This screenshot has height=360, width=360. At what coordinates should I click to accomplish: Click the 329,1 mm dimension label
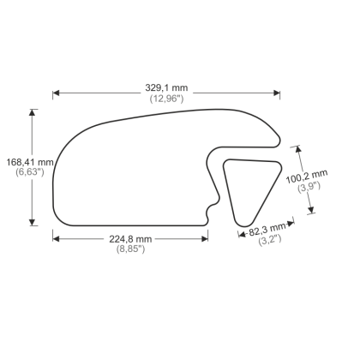coord(166,87)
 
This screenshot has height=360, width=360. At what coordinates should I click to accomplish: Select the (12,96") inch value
coord(166,99)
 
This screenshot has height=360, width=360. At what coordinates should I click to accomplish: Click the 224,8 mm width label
coord(129,238)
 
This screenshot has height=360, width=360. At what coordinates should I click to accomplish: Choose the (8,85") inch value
coord(129,249)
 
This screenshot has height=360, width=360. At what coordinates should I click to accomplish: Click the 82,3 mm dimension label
coord(267,229)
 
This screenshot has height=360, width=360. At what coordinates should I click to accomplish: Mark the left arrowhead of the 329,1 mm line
coord(56,93)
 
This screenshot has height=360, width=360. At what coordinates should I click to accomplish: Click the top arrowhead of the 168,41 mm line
coord(34,111)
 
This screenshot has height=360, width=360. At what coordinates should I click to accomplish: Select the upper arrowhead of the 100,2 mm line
coord(300,146)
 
